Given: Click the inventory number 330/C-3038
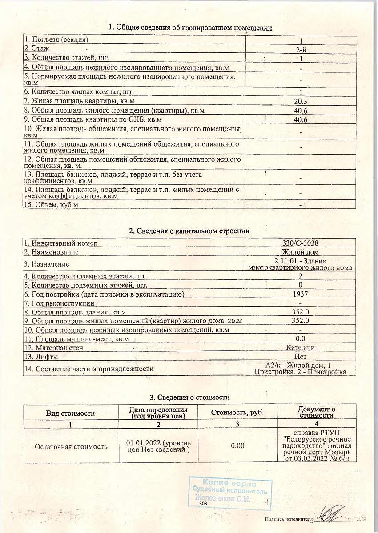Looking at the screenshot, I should [301, 243].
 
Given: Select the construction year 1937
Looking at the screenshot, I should [301, 294].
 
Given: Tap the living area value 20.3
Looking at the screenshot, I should [301, 101].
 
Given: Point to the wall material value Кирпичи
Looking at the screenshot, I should [301, 347].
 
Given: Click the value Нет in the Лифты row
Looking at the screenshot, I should [301, 356].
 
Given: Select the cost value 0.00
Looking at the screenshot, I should [237, 445].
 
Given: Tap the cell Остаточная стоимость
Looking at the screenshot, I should [71, 446].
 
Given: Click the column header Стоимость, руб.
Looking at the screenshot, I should [237, 412].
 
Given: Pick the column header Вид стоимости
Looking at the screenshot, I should [71, 413].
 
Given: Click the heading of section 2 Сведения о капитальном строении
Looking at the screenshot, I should [189, 231].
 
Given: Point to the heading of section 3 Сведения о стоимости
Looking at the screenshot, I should [189, 397].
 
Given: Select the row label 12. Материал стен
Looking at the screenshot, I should [53, 348].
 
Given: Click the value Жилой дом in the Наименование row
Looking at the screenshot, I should [301, 252].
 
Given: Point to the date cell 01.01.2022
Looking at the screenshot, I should [158, 445].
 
